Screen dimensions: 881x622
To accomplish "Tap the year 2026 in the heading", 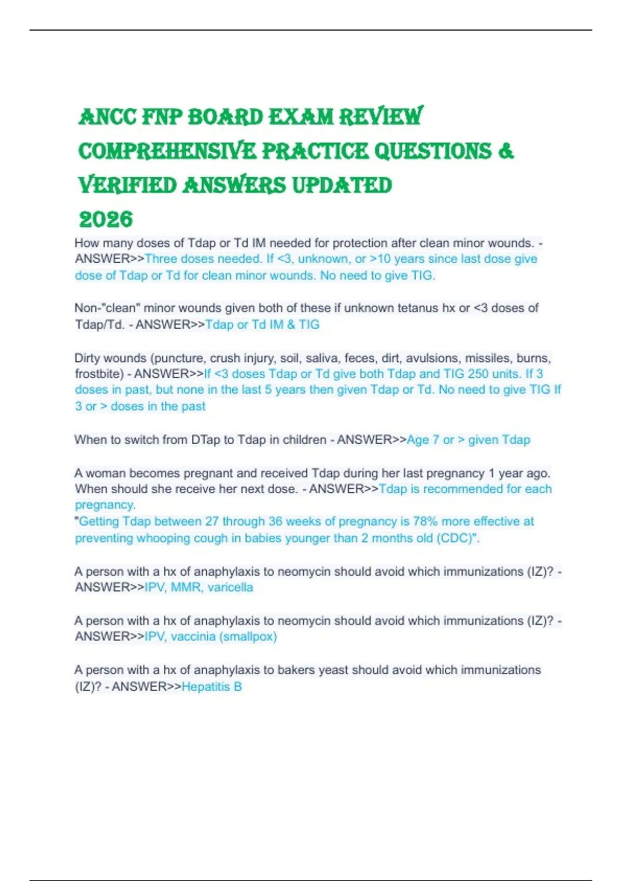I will point(106,220).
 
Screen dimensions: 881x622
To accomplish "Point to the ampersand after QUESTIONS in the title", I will point(506,151).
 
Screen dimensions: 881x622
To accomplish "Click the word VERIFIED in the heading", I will point(128,186).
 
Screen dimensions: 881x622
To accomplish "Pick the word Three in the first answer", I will point(161,259).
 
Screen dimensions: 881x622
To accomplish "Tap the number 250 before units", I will point(478,374).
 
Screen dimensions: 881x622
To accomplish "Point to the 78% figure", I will point(426,521).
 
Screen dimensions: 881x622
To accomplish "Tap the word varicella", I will point(230,587).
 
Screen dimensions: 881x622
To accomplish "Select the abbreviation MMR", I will point(186,587).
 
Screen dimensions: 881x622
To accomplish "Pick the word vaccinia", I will point(193,636).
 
